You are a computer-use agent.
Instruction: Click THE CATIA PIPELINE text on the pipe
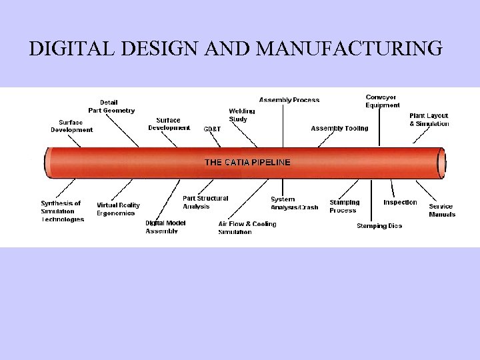(x=247, y=162)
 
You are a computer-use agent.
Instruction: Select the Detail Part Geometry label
(x=111, y=106)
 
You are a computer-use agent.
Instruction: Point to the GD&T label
(x=212, y=129)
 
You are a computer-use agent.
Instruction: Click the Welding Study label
(x=238, y=115)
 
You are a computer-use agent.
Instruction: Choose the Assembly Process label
(x=289, y=100)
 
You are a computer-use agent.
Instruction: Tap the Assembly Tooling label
(x=339, y=128)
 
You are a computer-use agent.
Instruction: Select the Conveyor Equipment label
(x=383, y=101)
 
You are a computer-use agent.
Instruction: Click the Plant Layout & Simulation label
(x=429, y=120)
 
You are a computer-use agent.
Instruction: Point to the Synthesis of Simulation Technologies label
(x=62, y=211)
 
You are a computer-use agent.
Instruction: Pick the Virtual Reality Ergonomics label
(x=119, y=209)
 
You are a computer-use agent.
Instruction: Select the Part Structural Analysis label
(x=205, y=202)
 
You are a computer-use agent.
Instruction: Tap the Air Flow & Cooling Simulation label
(x=247, y=227)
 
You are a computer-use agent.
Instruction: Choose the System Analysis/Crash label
(x=294, y=203)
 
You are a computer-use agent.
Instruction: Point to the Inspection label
(x=400, y=202)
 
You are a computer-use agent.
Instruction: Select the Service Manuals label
(x=442, y=210)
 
